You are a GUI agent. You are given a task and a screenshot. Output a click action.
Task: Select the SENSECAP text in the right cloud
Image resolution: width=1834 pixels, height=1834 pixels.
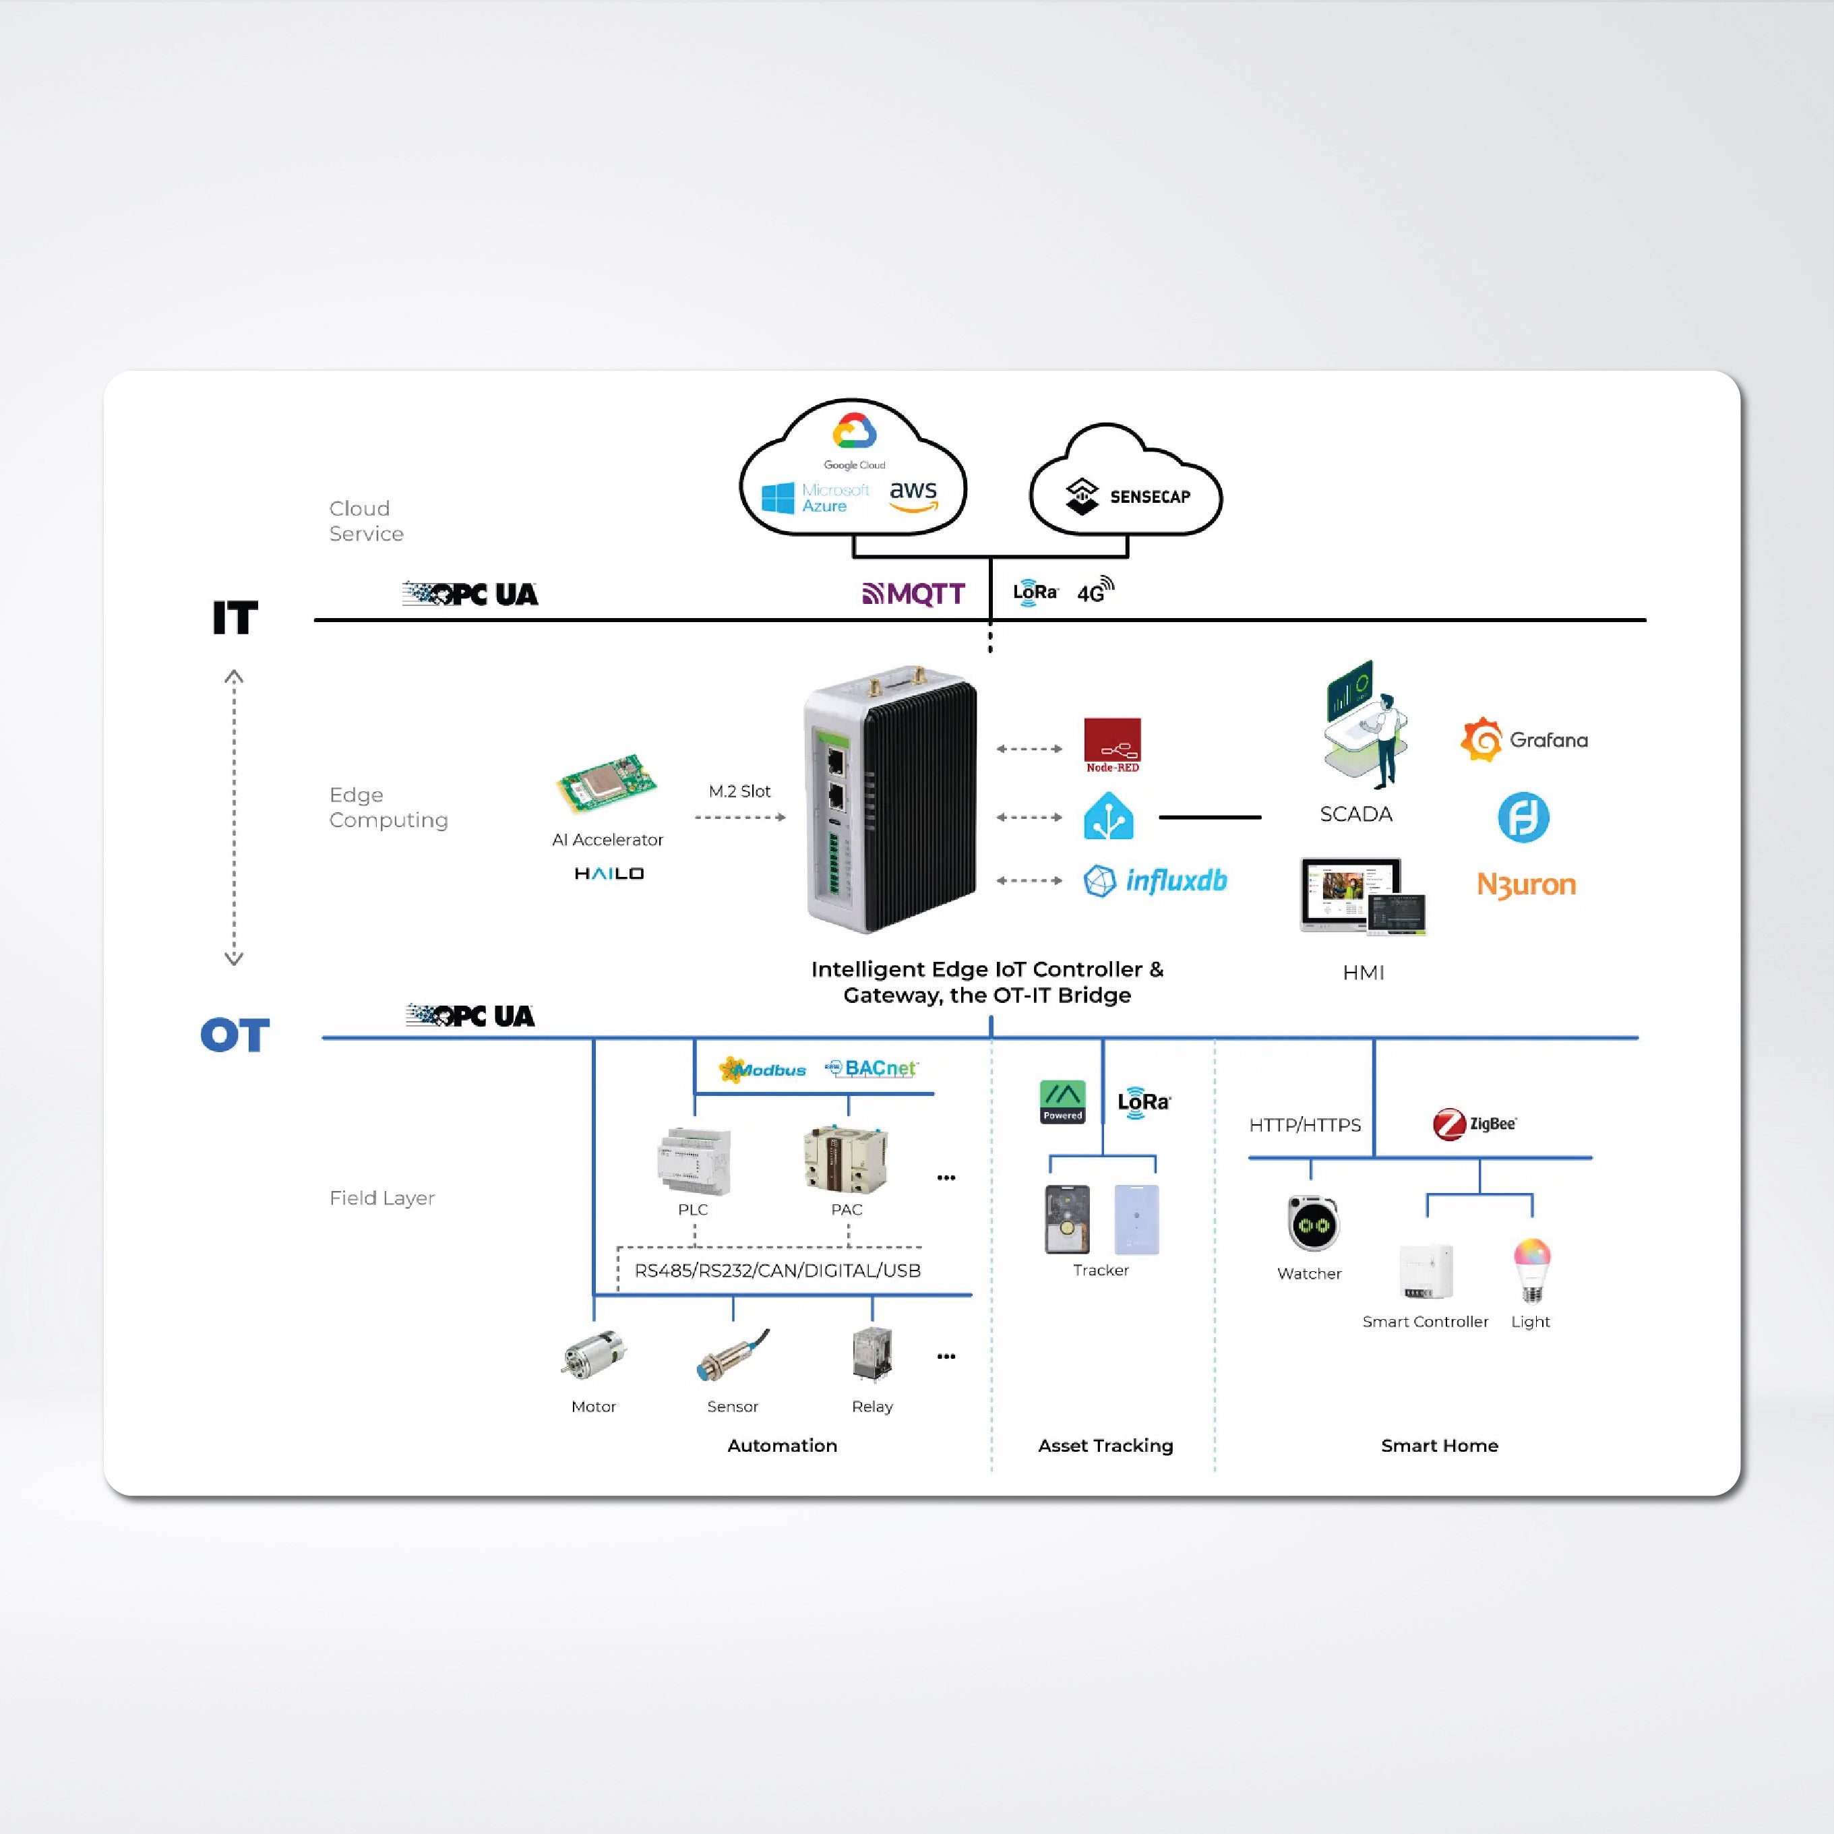pos(1150,497)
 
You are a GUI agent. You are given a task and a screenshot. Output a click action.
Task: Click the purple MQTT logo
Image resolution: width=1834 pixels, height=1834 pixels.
pos(914,594)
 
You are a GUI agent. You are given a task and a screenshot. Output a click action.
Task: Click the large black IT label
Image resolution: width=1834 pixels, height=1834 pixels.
pos(235,618)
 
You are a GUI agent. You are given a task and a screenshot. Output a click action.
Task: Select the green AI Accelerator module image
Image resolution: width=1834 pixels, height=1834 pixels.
pos(607,784)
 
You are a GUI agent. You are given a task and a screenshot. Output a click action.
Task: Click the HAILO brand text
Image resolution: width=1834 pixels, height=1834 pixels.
pos(609,874)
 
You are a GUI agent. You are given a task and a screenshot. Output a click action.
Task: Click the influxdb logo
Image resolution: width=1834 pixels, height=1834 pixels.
pos(1155,881)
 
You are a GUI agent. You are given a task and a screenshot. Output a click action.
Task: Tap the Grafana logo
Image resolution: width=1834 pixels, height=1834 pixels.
pos(1523,739)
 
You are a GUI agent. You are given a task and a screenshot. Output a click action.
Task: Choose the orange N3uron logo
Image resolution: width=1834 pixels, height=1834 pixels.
pos(1525,885)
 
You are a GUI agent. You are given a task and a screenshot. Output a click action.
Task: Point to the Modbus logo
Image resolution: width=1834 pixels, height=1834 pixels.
pos(763,1070)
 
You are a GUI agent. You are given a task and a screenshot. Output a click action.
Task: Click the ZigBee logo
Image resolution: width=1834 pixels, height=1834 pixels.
pos(1474,1124)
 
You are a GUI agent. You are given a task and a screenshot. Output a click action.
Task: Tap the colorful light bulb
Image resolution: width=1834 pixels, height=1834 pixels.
pos(1531,1268)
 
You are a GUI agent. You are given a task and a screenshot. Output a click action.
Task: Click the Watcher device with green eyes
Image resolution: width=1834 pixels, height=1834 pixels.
pos(1313,1223)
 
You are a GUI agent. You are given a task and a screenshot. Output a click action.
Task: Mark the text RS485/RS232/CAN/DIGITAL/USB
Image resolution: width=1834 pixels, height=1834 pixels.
pos(777,1270)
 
